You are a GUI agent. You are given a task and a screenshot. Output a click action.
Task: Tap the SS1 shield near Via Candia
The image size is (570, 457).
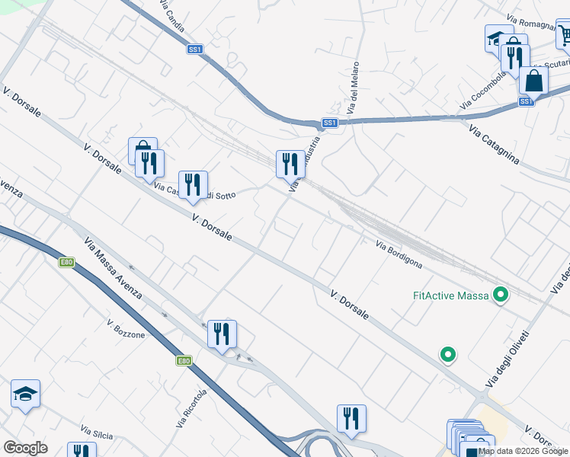pyautogui.click(x=196, y=50)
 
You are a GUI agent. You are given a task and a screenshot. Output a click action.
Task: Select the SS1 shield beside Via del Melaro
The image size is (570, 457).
pyautogui.click(x=329, y=123)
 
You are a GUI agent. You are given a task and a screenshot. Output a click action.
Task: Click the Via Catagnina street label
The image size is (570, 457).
pyautogui.click(x=494, y=143)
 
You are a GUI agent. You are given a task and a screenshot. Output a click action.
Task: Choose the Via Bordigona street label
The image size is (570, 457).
pyautogui.click(x=399, y=254)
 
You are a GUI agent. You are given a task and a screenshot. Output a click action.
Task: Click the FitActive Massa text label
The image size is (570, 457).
pyautogui.click(x=450, y=295)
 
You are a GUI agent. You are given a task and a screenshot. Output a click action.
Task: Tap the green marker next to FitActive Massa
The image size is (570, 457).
pyautogui.click(x=501, y=294)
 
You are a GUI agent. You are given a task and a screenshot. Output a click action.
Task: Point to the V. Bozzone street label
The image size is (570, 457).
pyautogui.click(x=126, y=329)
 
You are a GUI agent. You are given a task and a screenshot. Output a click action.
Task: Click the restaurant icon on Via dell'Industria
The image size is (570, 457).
pyautogui.click(x=288, y=164)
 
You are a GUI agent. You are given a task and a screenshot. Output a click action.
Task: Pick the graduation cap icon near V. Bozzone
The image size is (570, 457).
pyautogui.click(x=25, y=394)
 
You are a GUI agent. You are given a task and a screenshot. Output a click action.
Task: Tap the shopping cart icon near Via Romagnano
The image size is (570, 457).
pyautogui.click(x=565, y=34)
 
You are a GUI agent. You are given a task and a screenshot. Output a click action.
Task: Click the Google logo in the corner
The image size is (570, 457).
pyautogui.click(x=25, y=448)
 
